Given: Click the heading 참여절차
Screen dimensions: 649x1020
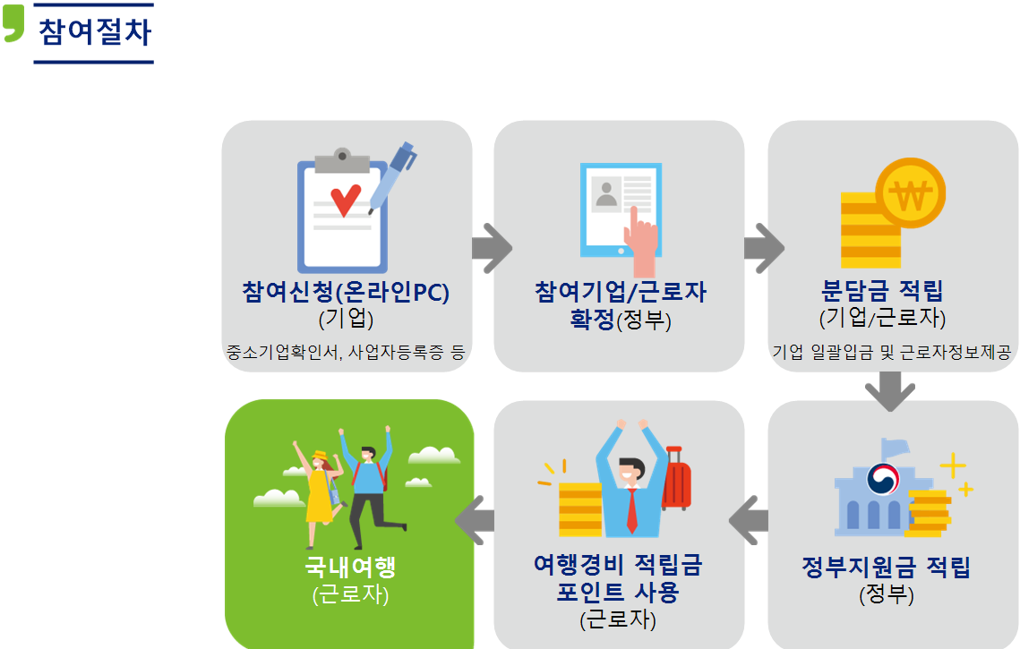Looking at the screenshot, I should [94, 32].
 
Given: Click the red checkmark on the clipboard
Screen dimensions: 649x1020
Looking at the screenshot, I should [345, 200].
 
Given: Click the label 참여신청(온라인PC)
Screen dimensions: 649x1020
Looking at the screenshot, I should [345, 292].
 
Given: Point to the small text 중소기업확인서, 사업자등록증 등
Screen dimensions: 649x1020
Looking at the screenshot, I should [346, 352].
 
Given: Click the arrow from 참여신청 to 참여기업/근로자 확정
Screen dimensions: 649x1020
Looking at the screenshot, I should [491, 247].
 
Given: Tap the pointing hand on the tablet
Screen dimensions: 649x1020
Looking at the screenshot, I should [642, 237].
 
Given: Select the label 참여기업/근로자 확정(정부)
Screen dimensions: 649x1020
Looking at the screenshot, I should [620, 304].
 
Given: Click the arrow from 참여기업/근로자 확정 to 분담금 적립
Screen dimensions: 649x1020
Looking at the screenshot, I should [763, 247].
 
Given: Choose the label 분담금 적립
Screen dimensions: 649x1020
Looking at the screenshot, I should [882, 291].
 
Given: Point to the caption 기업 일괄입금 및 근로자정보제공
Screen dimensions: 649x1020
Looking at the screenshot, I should [891, 352].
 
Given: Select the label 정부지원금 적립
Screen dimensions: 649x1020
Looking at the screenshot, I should [886, 568].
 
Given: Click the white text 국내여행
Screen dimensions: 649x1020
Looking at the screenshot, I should [349, 567].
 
